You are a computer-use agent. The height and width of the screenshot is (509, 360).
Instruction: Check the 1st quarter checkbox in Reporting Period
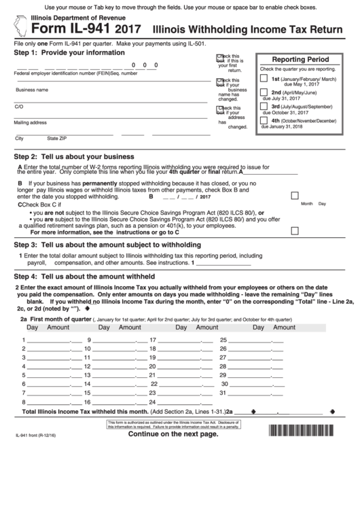tap(264, 79)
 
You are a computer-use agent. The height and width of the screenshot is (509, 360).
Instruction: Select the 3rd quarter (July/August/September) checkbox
tap(264, 107)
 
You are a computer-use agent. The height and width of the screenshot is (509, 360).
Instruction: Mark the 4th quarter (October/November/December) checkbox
tap(264, 120)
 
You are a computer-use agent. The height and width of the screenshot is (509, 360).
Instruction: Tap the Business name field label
tap(32, 90)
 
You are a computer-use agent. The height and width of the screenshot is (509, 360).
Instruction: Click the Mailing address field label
tap(31, 123)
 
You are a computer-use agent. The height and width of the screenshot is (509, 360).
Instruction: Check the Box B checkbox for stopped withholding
tap(294, 195)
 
